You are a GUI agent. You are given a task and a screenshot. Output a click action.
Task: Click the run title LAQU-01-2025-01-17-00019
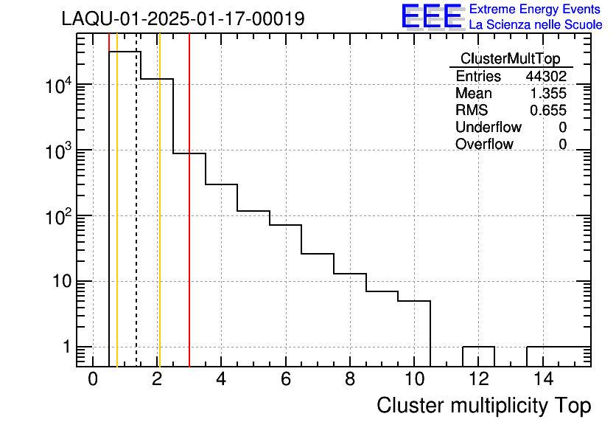183,19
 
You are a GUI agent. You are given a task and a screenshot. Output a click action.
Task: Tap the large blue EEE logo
432,16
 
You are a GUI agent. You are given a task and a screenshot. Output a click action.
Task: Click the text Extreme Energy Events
536,10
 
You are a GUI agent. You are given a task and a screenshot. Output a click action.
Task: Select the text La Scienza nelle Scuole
536,25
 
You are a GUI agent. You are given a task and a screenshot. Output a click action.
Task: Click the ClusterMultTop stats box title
510,59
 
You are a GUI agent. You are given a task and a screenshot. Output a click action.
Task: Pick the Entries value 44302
546,77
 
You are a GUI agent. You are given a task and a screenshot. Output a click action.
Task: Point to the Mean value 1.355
549,94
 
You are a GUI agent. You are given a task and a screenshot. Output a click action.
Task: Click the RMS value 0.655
549,111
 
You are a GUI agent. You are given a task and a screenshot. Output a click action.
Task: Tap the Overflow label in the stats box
484,145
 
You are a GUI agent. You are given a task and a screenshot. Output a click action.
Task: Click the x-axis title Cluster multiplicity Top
483,406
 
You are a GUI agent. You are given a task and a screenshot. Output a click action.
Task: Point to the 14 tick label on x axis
543,379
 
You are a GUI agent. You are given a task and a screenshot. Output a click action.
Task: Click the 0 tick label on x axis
93,379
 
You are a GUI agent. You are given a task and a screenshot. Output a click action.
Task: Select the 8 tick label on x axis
350,379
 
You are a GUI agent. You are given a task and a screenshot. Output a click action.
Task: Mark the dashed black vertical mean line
136,221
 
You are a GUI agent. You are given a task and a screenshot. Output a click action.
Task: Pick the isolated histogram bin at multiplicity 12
478,347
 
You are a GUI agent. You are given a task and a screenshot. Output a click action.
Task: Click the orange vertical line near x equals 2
159,221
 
